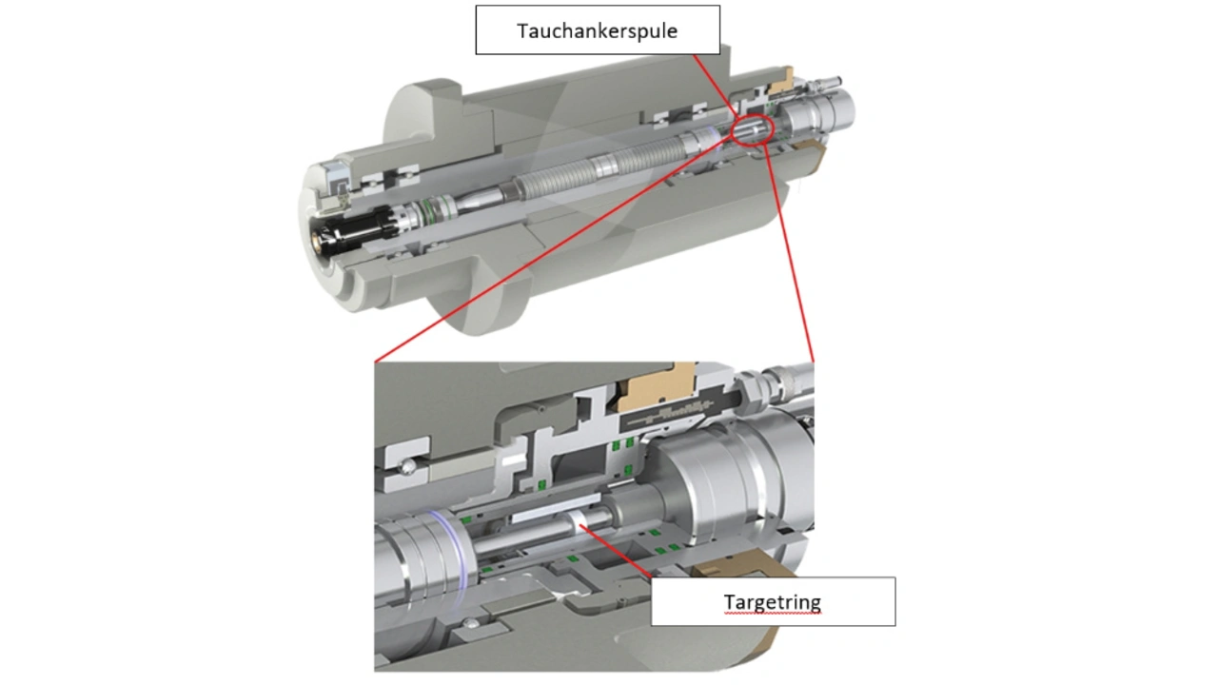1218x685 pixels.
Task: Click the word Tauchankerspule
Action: coord(597,30)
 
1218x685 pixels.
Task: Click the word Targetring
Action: coord(772,601)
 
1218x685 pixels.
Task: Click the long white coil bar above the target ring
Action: coord(552,505)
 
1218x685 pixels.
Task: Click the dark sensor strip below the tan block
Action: coord(666,413)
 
